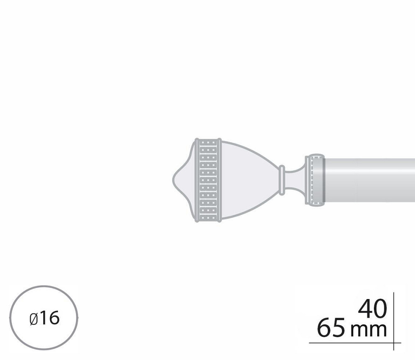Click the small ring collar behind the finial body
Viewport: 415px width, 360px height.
click(x=282, y=179)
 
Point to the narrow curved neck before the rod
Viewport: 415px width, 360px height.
click(x=295, y=179)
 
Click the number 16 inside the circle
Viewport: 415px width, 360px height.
click(x=50, y=319)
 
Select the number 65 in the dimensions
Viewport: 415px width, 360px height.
click(x=331, y=329)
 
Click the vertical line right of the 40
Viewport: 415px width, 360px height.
click(x=393, y=315)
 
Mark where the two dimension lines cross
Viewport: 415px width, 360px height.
click(x=393, y=343)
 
